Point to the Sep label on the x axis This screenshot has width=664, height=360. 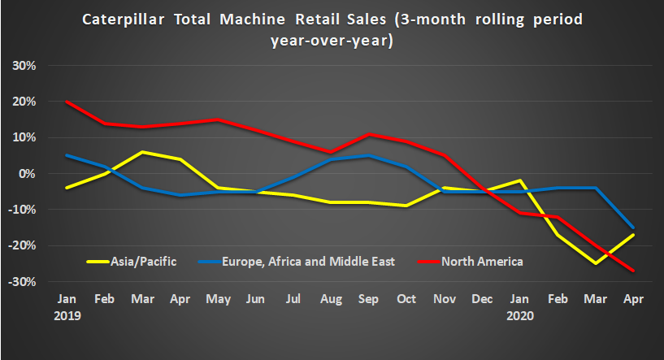pyautogui.click(x=367, y=300)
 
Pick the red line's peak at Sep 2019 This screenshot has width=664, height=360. pyautogui.click(x=367, y=134)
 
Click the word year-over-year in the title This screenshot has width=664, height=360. pyautogui.click(x=332, y=41)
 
